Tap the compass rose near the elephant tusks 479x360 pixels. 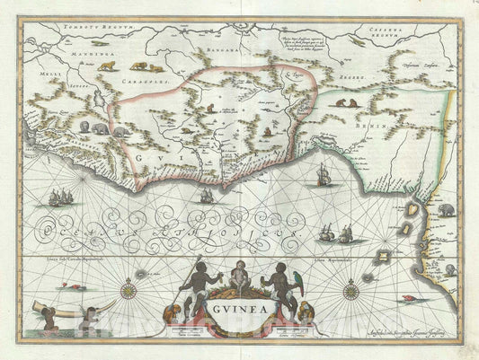132,288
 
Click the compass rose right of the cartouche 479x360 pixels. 349,289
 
